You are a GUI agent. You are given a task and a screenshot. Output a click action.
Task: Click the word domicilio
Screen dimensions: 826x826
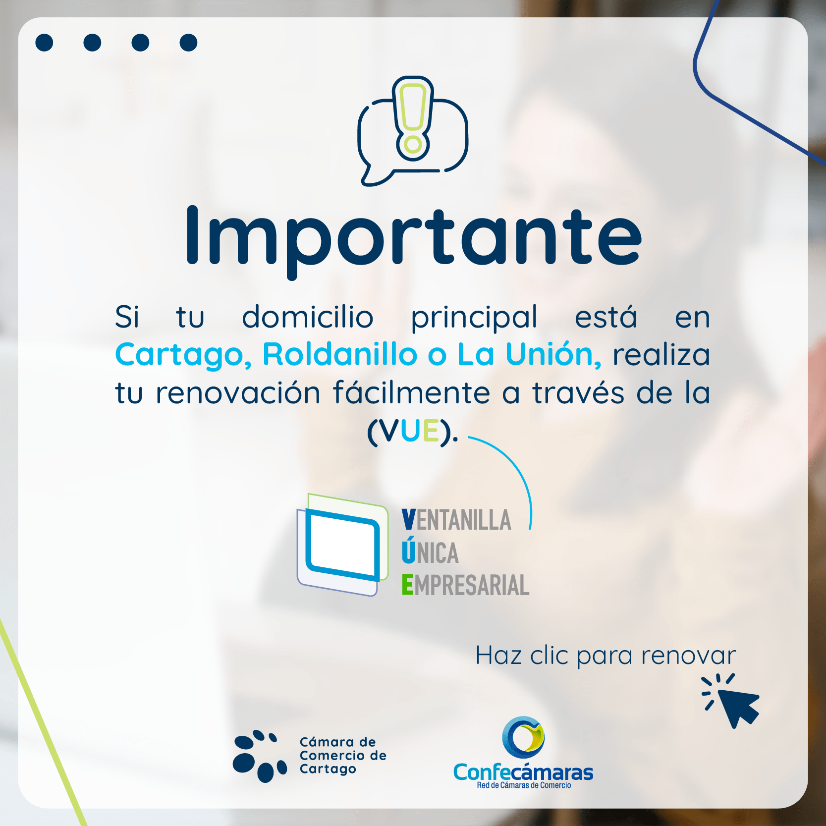click(307, 317)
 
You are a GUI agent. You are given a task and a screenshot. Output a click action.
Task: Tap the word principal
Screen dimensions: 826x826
click(474, 318)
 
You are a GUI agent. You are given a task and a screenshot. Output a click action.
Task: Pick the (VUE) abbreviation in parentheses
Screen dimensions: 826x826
click(412, 431)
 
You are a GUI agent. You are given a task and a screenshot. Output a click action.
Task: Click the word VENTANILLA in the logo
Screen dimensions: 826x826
click(456, 520)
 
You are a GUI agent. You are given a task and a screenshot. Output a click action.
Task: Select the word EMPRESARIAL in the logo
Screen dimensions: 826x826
click(465, 585)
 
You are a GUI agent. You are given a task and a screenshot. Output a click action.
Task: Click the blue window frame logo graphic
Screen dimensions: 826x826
click(342, 545)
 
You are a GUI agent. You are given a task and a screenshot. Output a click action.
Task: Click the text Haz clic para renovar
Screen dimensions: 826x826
click(606, 656)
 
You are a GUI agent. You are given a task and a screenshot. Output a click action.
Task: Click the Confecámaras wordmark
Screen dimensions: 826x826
click(523, 772)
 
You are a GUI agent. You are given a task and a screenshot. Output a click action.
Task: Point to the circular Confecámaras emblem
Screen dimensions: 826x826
click(523, 737)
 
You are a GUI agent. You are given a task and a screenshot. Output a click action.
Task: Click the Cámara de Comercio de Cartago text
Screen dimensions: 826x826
click(343, 755)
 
